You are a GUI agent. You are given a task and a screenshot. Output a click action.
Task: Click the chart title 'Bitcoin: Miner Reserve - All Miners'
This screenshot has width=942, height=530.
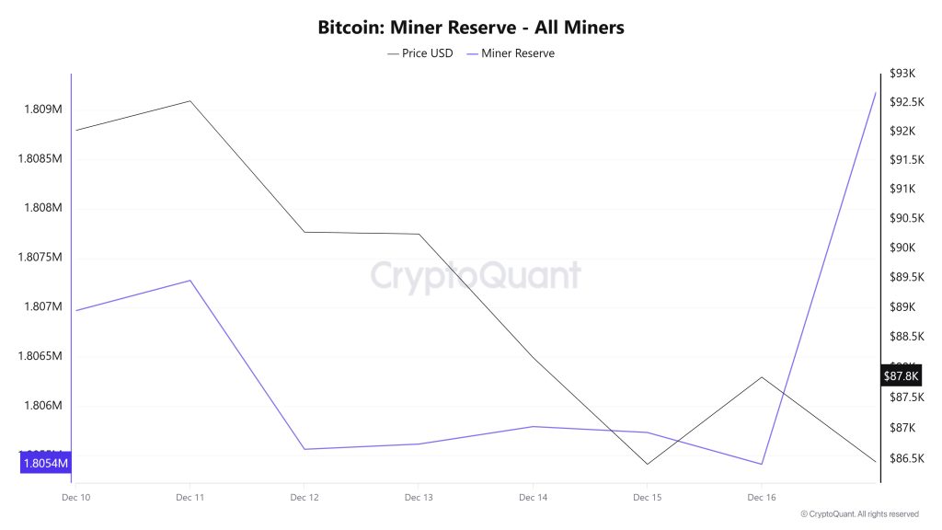click(x=471, y=28)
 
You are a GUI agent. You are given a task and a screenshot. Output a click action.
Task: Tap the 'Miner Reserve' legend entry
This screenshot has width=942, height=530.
click(x=517, y=53)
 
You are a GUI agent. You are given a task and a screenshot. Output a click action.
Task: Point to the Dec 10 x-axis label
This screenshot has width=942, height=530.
click(x=75, y=497)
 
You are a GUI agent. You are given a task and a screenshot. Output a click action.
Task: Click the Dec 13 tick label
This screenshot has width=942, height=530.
click(x=418, y=497)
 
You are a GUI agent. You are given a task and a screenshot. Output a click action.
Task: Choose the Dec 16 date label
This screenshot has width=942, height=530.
click(x=761, y=497)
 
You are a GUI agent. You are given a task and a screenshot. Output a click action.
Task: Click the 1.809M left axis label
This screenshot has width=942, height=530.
click(x=40, y=109)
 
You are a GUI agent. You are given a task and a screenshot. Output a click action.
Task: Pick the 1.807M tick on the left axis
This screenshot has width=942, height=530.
click(x=40, y=306)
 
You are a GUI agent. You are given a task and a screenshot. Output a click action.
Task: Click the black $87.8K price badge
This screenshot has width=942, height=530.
click(x=901, y=375)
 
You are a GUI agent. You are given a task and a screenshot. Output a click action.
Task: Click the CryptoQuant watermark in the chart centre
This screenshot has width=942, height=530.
click(x=476, y=275)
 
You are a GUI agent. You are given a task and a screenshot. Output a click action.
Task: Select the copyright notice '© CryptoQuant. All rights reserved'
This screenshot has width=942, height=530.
click(x=859, y=514)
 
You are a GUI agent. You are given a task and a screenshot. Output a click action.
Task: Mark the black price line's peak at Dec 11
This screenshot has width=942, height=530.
click(x=190, y=100)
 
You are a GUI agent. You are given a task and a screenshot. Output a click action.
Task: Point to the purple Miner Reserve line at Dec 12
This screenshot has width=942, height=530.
click(x=304, y=449)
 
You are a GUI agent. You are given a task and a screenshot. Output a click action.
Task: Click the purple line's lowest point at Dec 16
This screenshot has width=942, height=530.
click(x=761, y=464)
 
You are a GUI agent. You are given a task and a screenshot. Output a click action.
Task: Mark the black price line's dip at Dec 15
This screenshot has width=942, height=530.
click(x=647, y=464)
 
